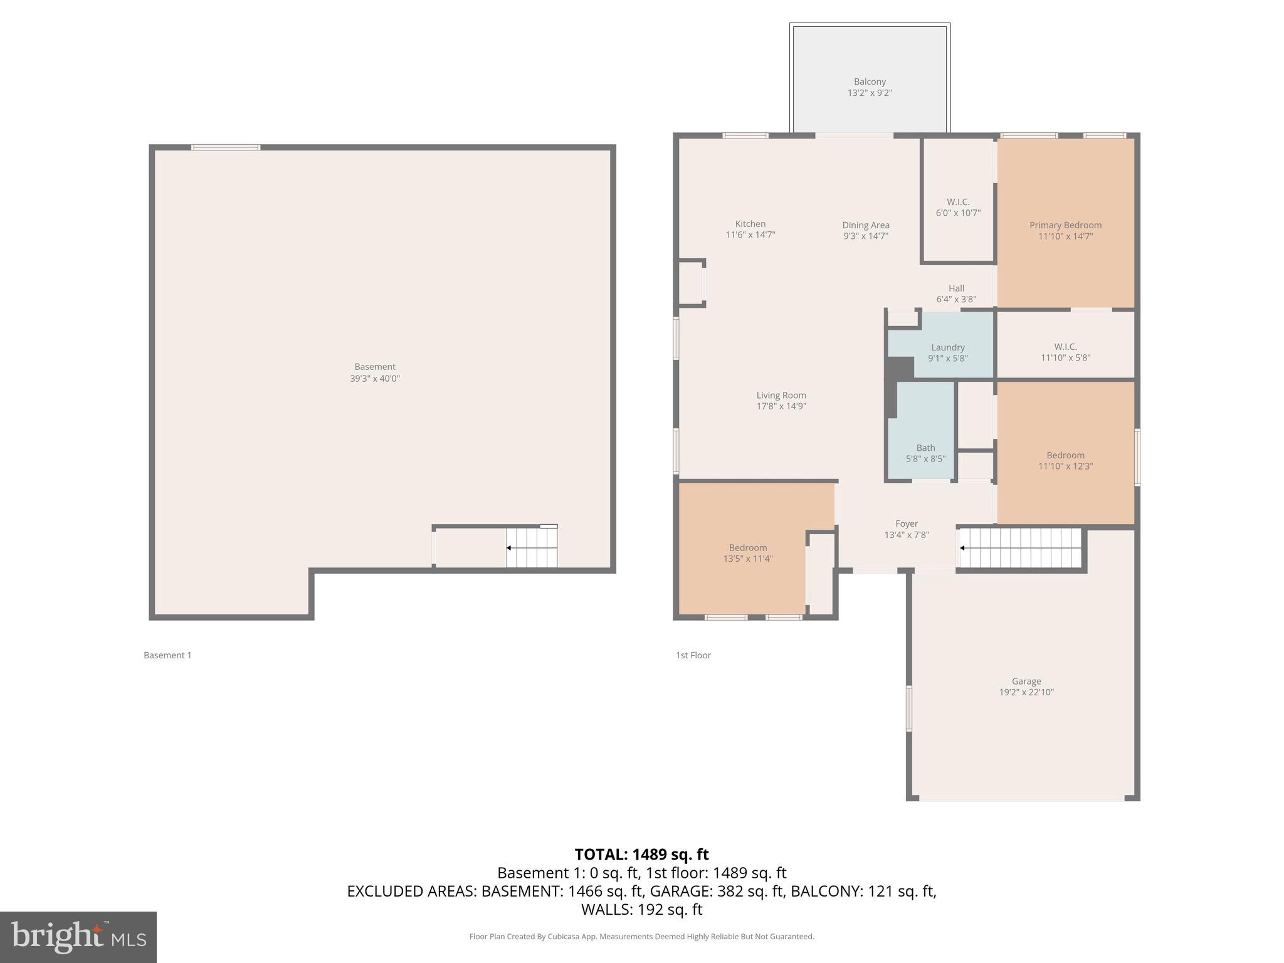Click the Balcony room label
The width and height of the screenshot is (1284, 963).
click(x=870, y=82)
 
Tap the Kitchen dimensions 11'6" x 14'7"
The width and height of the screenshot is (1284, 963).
click(x=750, y=235)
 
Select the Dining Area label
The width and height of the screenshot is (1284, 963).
click(x=865, y=225)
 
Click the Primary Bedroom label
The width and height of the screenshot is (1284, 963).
click(x=1065, y=225)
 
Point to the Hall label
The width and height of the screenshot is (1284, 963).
click(x=956, y=288)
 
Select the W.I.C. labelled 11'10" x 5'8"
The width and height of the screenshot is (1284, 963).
click(x=1065, y=352)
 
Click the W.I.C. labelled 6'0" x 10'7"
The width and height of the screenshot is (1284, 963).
click(x=958, y=207)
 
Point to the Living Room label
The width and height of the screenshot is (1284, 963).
click(x=781, y=395)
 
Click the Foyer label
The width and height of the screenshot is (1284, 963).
click(x=907, y=524)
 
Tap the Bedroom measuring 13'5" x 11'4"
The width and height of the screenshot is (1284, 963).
click(x=748, y=552)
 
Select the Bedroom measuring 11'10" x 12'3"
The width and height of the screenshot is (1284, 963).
click(x=1065, y=460)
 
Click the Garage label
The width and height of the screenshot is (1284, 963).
click(x=1026, y=681)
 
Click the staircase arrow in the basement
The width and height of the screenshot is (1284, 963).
click(x=509, y=548)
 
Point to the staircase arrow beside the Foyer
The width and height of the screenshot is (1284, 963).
click(x=962, y=548)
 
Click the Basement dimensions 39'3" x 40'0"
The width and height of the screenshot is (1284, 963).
click(x=375, y=379)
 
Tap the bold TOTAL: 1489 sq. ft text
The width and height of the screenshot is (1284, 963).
click(x=641, y=855)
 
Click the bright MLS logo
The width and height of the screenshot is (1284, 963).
click(x=78, y=937)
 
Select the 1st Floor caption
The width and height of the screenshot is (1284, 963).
click(x=693, y=655)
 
